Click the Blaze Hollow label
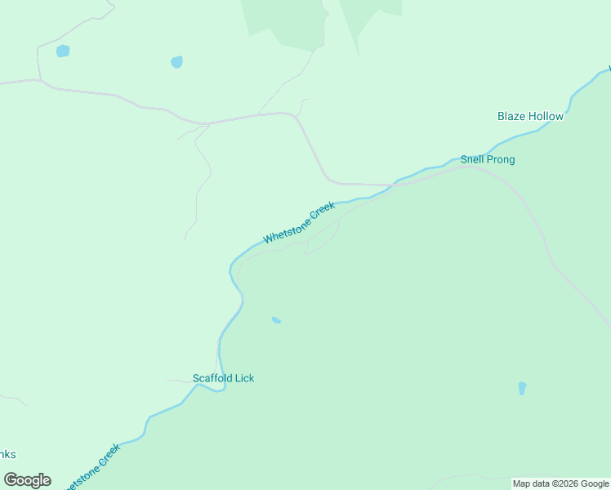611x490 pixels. [530, 116]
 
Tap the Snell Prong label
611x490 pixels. [488, 159]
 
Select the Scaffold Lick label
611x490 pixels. [223, 378]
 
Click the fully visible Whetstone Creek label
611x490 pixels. [299, 222]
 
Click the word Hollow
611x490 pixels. [545, 116]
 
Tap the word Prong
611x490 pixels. [501, 159]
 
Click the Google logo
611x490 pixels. [27, 479]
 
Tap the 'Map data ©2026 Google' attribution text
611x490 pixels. [560, 484]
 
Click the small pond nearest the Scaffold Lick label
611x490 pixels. [276, 320]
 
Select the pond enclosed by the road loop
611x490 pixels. [63, 51]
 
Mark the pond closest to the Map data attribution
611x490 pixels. [522, 389]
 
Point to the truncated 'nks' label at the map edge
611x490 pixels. [7, 455]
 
